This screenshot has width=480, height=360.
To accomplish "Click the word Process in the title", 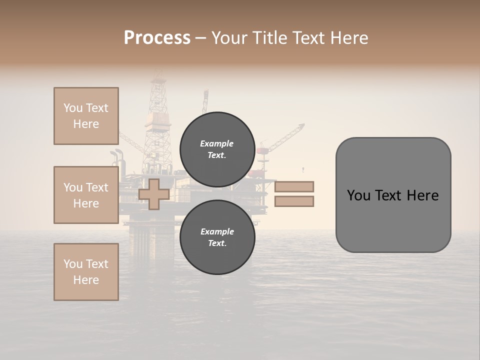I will click(157, 38).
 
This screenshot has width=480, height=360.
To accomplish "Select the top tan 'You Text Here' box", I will click(86, 116).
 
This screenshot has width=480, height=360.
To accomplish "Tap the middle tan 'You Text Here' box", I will click(86, 195).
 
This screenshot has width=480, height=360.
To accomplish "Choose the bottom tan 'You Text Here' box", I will click(86, 272).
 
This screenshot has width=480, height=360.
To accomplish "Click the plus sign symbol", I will click(154, 194).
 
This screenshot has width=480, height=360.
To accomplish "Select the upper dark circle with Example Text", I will click(217, 149).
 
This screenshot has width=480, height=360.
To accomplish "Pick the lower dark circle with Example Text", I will click(217, 237).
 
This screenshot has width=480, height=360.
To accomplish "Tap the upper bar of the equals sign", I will click(294, 186).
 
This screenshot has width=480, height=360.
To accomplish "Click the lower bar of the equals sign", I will click(294, 201).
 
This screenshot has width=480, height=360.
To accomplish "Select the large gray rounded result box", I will click(393, 194).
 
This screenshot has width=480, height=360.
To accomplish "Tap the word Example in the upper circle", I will click(217, 143).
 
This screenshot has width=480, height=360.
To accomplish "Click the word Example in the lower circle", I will click(217, 231).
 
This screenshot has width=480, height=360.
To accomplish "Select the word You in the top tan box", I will click(72, 108).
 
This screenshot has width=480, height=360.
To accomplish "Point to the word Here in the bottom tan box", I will click(86, 280).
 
